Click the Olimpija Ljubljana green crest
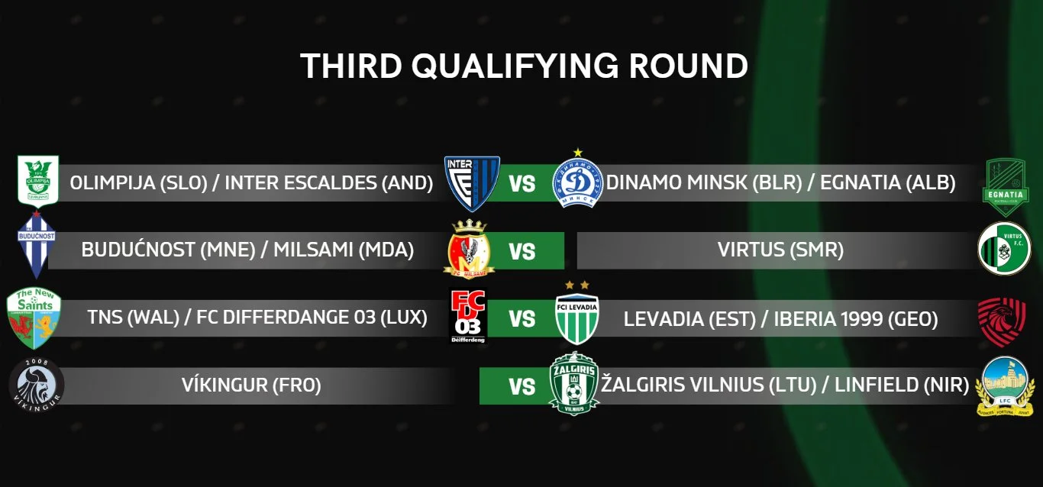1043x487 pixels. tap(37, 181)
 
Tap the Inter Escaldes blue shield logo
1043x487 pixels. tap(472, 183)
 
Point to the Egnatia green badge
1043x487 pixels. tap(1006, 187)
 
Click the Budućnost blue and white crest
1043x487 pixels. tap(37, 244)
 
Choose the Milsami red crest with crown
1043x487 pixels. tap(469, 250)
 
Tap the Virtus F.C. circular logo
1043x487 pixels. tap(1004, 249)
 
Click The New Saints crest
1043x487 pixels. tap(34, 318)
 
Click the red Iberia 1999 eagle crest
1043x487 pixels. tap(1002, 321)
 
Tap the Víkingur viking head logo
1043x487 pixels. tap(37, 385)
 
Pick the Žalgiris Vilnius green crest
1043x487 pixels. tap(573, 383)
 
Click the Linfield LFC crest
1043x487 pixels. tap(1005, 386)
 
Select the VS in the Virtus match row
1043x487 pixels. tap(522, 251)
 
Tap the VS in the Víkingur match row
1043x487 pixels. tap(522, 387)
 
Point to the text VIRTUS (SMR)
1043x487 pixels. tap(780, 250)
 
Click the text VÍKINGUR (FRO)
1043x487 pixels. tap(251, 385)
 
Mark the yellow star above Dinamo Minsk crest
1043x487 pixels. tap(578, 152)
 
